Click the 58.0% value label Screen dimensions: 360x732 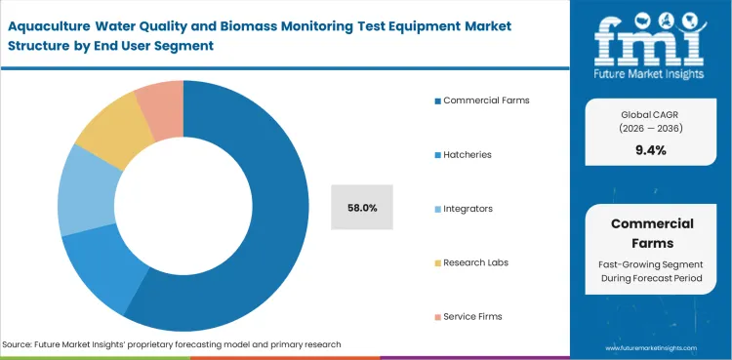[362, 207]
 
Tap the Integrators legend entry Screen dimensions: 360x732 [468, 208]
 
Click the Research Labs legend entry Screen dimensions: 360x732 [475, 261]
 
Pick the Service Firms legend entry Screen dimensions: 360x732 [473, 316]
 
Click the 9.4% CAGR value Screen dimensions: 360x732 [651, 149]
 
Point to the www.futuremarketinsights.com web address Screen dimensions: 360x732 [652, 347]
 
